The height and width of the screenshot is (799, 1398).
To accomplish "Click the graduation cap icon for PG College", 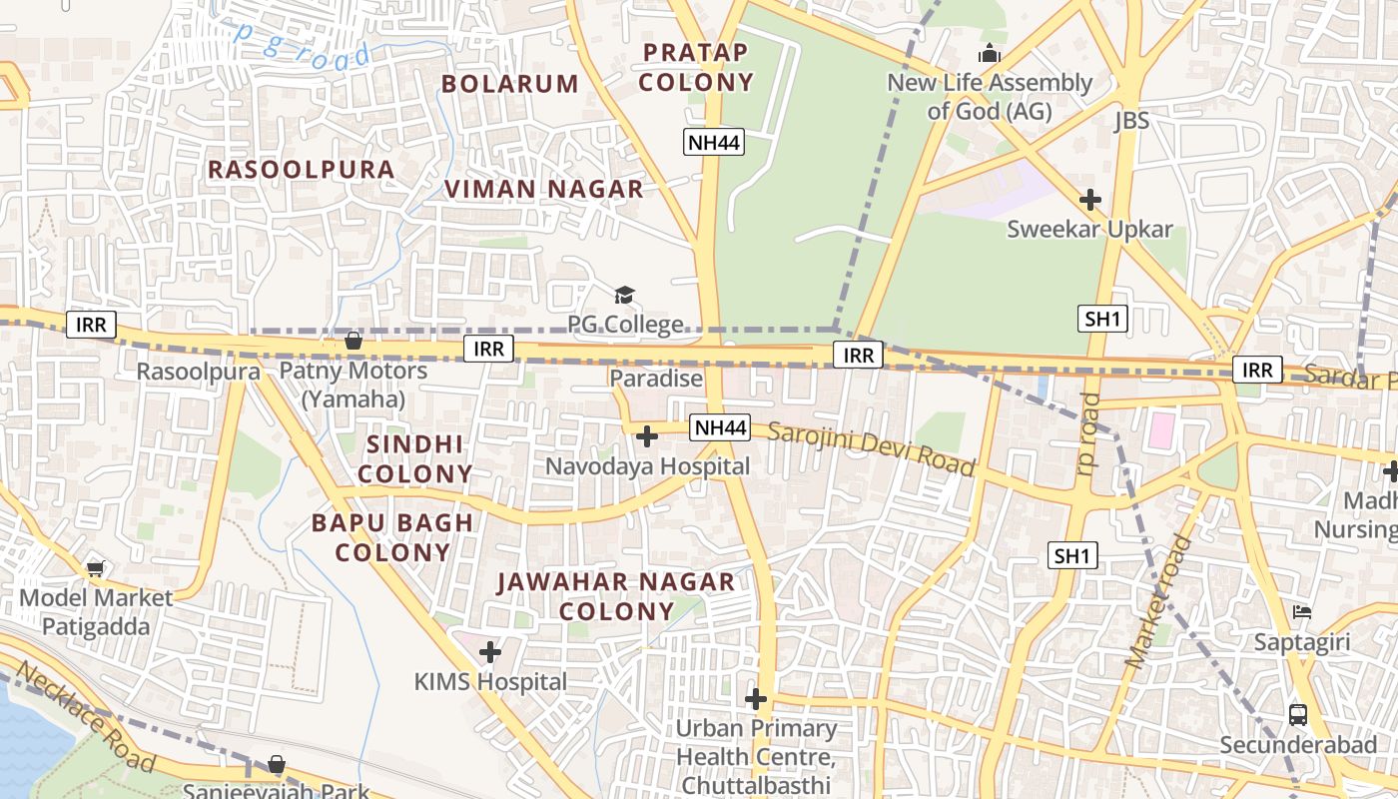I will pos(624,295).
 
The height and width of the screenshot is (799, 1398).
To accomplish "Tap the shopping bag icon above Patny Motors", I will pos(352,342).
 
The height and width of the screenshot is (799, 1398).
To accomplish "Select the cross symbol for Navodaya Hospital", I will pos(647,436).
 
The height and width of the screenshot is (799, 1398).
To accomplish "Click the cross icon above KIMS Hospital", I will pos(489,652).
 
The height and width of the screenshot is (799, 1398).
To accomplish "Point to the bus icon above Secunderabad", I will pos(1298,715).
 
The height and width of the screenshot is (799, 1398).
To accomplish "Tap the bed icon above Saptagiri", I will pos(1302,611).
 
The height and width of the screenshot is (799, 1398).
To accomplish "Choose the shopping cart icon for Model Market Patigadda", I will pos(95,568).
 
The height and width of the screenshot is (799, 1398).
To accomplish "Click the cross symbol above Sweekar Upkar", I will pos(1089,200).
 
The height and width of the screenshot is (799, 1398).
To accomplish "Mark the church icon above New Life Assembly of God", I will pos(990,54).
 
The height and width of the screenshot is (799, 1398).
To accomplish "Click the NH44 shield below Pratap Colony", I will pos(714,143).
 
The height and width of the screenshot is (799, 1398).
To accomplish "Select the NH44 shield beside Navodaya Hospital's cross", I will pos(720,427).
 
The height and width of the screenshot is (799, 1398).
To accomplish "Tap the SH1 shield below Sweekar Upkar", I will pos(1103,320).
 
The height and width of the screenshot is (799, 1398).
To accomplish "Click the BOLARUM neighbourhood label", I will pos(509,84).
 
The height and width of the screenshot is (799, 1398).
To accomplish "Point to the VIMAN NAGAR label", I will pos(544,189).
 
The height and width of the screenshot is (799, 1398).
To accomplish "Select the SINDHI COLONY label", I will pos(415,458).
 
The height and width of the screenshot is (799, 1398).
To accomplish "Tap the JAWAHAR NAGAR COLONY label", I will pos(615,596).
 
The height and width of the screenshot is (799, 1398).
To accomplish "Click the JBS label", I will pos(1131,122).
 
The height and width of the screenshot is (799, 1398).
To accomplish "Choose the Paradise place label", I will pos(656,379).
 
